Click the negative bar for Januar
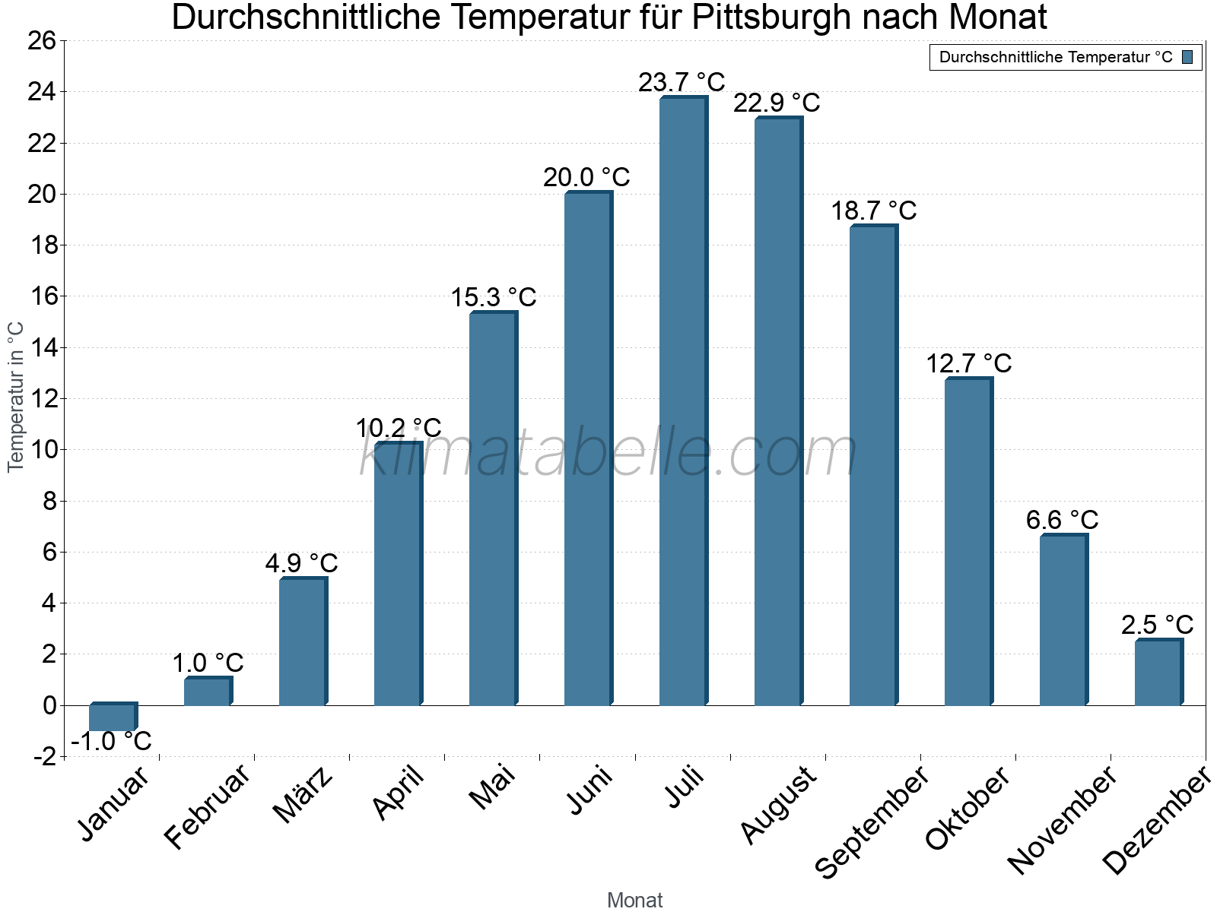[x=113, y=717]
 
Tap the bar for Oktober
[x=968, y=543]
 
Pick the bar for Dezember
[x=1158, y=673]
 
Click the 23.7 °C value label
[x=682, y=82]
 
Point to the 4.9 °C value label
[x=301, y=563]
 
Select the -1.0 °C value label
[x=111, y=741]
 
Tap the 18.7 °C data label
[x=873, y=211]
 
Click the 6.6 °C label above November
[x=1062, y=520]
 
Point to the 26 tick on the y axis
[x=42, y=41]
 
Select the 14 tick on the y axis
[x=42, y=348]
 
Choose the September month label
[x=872, y=822]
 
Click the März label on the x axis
[x=303, y=795]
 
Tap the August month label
[x=779, y=806]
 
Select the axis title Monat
[x=635, y=901]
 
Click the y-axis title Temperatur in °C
[x=16, y=397]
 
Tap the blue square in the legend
[x=1187, y=57]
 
